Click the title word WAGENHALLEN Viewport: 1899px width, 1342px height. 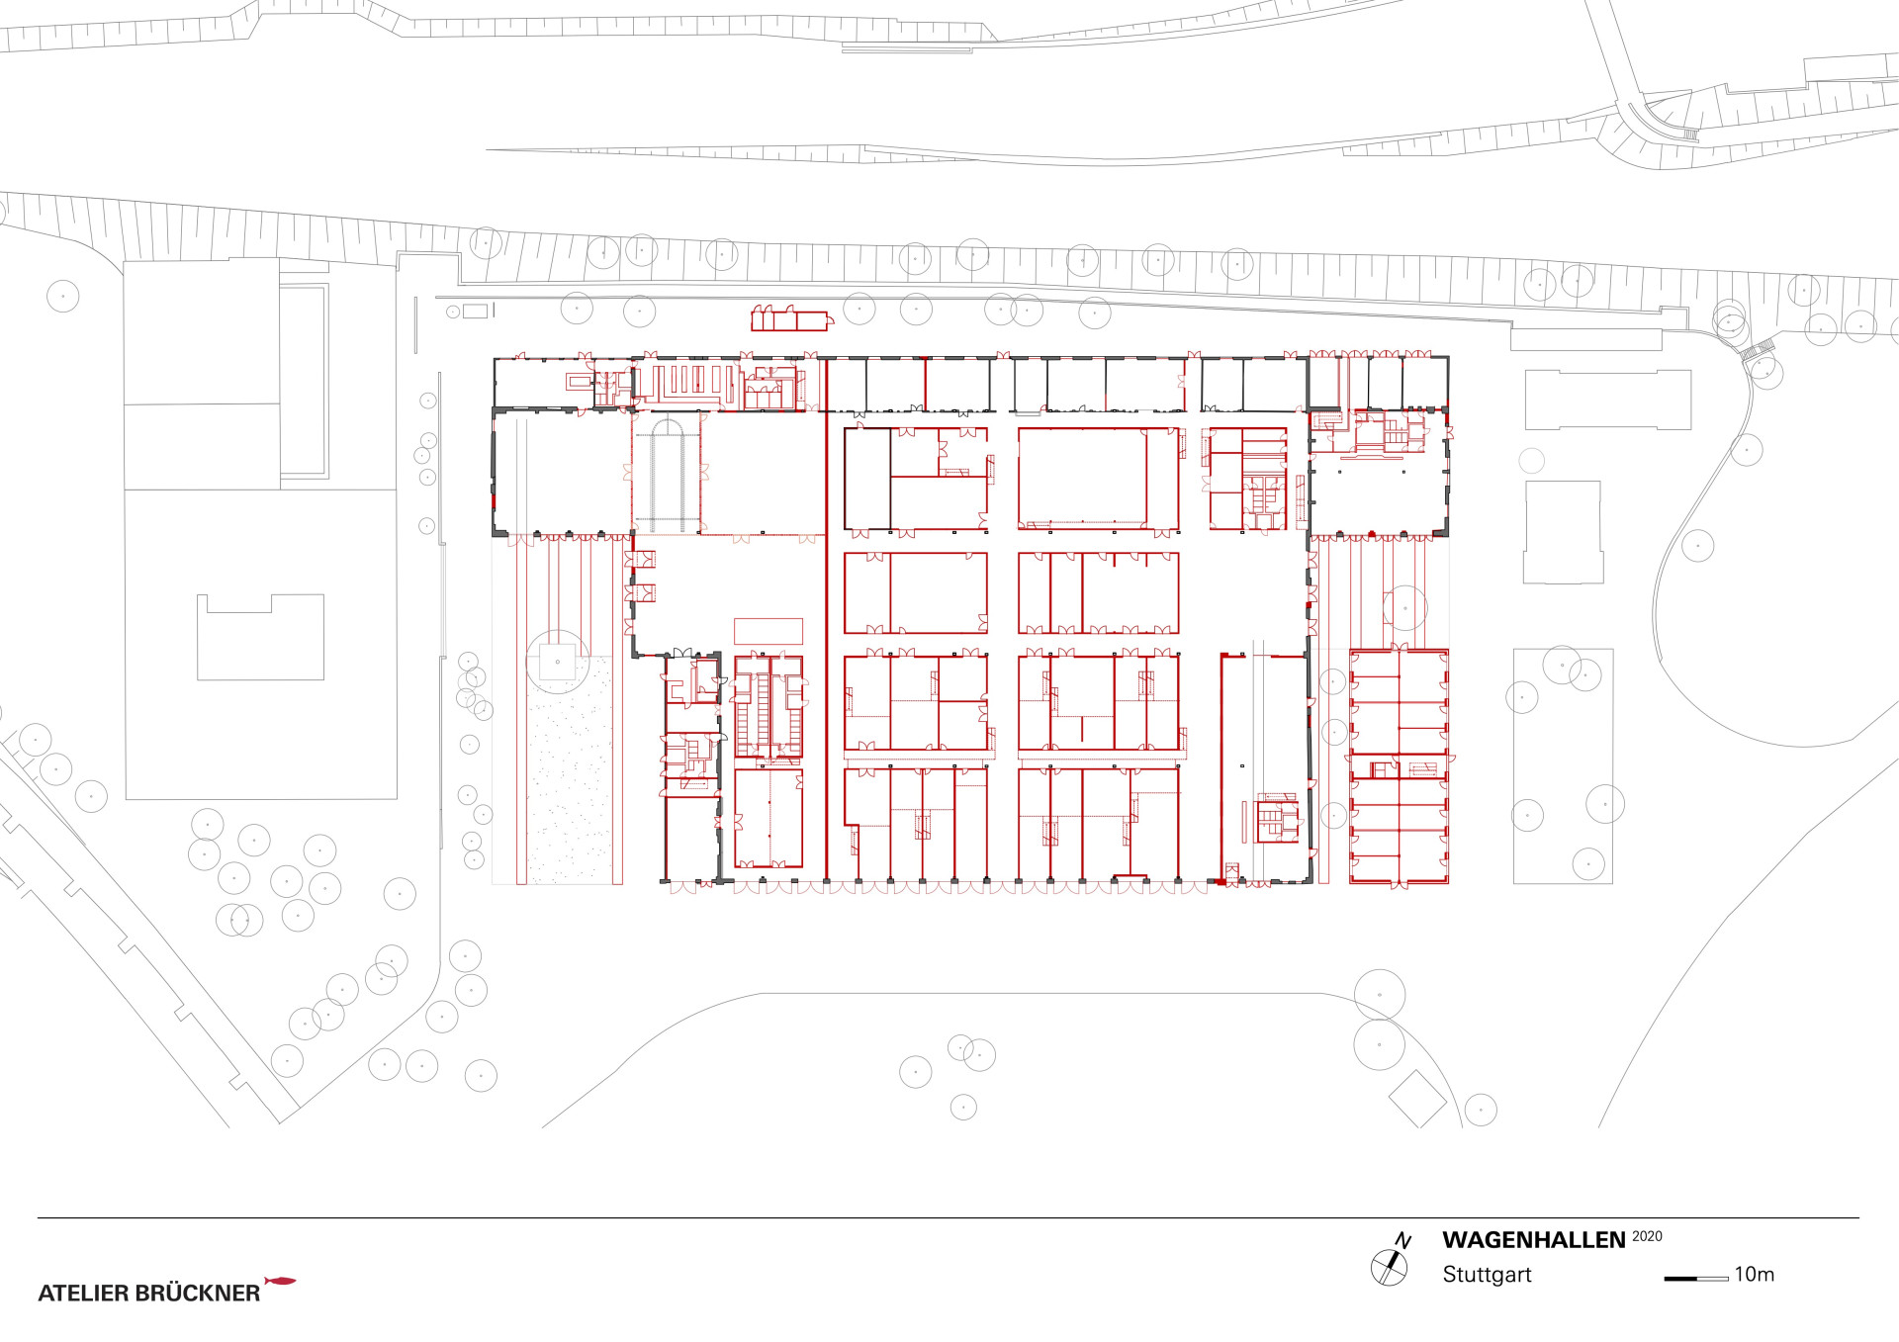coord(1533,1240)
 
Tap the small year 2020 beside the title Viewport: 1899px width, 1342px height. coord(1647,1236)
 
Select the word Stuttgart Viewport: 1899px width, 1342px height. coord(1487,1275)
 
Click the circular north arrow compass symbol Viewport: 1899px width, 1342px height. coord(1389,1267)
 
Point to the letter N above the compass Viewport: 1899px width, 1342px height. coord(1403,1240)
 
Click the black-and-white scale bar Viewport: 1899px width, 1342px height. coord(1696,1278)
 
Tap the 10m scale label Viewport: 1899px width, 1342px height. coord(1755,1275)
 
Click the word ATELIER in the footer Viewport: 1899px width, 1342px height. coord(83,1293)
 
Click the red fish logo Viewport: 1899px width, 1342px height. coord(281,1281)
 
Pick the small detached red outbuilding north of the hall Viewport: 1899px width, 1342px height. coord(790,317)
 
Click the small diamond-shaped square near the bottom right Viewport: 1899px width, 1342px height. coord(1418,1098)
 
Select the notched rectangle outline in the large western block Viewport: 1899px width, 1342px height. coord(261,637)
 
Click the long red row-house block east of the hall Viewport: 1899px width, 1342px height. coord(1400,766)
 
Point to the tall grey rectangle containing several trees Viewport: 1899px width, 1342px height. coord(1563,765)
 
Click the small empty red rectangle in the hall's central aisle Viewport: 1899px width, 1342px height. coord(768,631)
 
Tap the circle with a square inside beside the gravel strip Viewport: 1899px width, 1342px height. coord(558,662)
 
